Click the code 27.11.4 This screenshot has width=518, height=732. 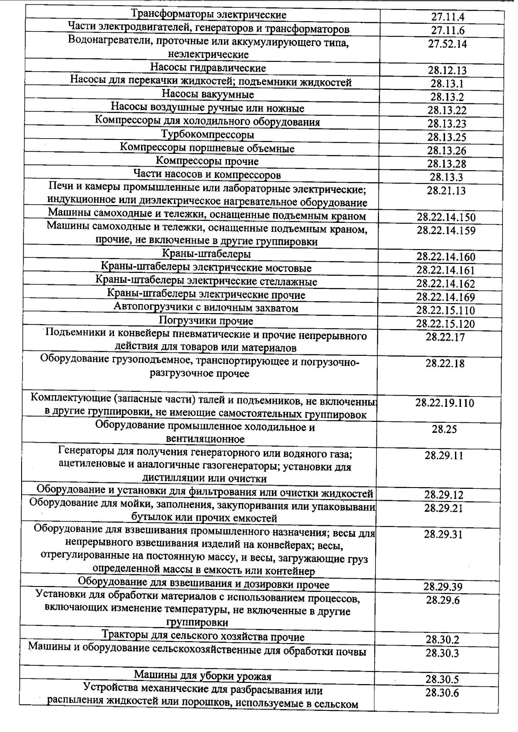click(447, 17)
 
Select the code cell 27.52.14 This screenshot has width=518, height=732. click(447, 44)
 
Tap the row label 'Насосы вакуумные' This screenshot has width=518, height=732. click(208, 95)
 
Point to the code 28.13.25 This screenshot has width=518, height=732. click(447, 137)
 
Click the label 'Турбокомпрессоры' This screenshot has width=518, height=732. click(208, 135)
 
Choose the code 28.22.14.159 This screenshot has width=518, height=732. click(446, 230)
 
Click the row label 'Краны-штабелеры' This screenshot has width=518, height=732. click(206, 254)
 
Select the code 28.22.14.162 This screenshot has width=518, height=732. click(445, 284)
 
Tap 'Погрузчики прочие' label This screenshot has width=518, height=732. click(206, 321)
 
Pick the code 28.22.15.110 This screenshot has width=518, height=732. click(445, 311)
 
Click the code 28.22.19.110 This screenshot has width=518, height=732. click(445, 403)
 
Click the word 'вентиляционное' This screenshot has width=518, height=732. click(205, 439)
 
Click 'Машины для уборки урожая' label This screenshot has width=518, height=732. click(202, 675)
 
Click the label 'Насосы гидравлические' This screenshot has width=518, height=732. click(208, 68)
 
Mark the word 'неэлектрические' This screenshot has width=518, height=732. click(208, 55)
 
